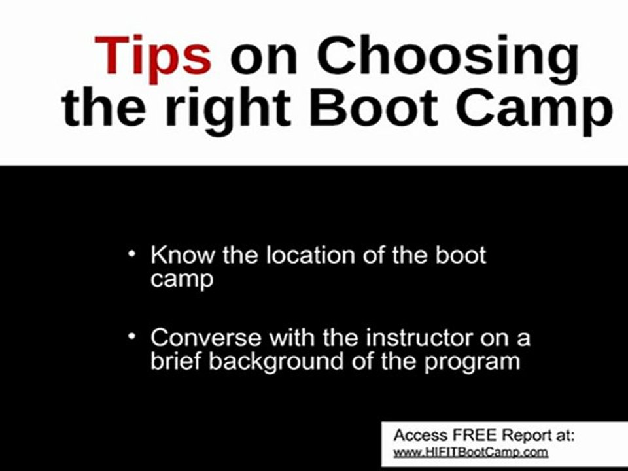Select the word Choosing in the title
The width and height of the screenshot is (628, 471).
(447, 56)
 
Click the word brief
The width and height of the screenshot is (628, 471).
(175, 361)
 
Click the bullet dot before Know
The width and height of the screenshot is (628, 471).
(133, 253)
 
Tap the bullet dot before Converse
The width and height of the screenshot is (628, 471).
(133, 336)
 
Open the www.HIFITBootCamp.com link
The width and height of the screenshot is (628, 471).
(470, 452)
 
